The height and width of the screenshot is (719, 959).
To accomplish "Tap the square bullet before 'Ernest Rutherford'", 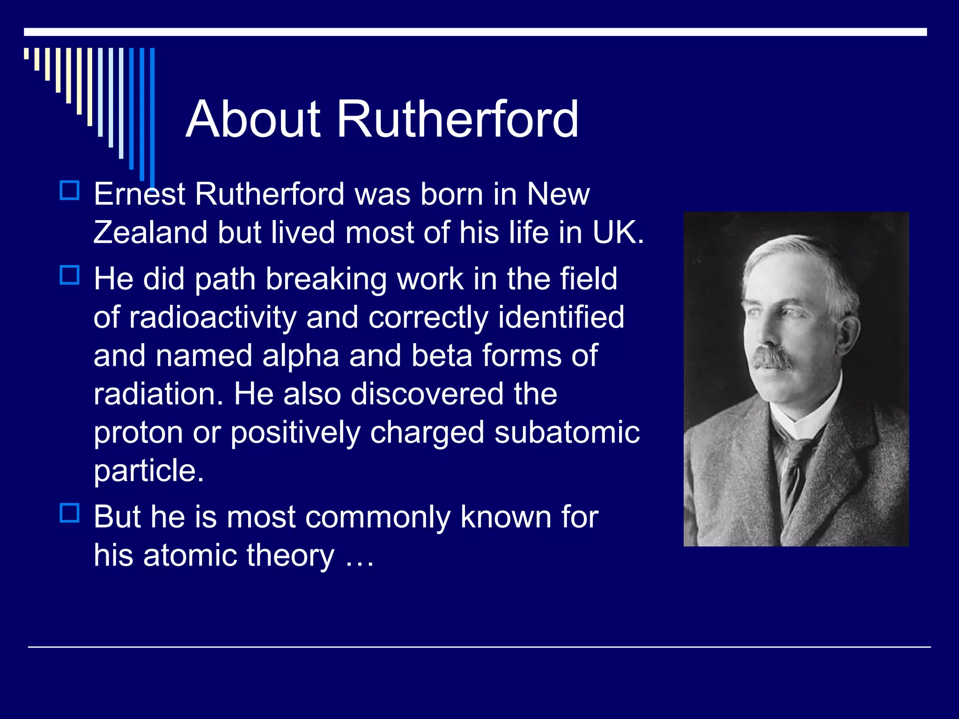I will (x=70, y=191).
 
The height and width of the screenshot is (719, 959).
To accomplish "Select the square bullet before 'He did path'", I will (x=70, y=275).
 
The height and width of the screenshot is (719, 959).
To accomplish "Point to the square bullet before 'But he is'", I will (x=70, y=513).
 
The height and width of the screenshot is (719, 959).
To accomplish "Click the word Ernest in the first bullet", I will (x=140, y=194).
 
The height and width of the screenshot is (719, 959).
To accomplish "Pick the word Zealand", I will (x=150, y=232).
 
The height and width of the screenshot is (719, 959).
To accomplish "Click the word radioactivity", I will (x=213, y=318).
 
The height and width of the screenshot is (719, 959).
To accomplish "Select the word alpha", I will (x=300, y=356).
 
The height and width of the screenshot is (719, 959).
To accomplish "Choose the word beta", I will (x=442, y=355).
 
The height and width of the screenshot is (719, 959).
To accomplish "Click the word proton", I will (x=138, y=433).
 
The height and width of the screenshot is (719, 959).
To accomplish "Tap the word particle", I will (x=148, y=471).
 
